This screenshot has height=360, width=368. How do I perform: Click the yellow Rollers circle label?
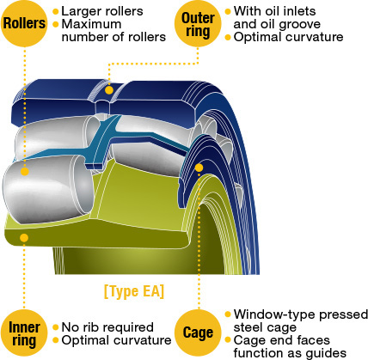coord(24,23)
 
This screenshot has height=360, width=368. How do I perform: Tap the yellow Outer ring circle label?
coord(198,23)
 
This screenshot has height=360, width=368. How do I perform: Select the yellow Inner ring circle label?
coord(24,333)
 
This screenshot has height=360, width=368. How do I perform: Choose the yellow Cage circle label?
coord(198,333)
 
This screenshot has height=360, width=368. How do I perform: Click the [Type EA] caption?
coord(134,291)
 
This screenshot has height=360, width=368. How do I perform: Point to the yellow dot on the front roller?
coord(25,172)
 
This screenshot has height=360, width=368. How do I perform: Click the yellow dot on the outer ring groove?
coord(109,90)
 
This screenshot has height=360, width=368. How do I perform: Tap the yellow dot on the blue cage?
coord(199,168)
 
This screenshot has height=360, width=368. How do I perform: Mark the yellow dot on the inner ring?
coord(24,238)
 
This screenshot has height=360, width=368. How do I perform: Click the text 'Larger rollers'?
coord(102,11)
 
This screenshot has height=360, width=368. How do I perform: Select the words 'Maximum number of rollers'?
coord(113,31)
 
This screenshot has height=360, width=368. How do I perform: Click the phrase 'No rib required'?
coord(107,327)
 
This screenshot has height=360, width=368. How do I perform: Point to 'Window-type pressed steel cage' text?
coord(301,320)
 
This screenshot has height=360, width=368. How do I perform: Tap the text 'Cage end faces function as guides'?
coord(290,346)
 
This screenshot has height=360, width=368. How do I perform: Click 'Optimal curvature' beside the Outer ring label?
coord(288,37)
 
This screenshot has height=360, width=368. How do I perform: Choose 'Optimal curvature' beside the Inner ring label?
coord(116,340)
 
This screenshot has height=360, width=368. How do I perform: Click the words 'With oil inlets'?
coord(274,11)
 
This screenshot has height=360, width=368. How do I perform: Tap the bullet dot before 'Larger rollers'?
coord(56,12)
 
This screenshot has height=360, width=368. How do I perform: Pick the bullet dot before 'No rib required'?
coord(56,327)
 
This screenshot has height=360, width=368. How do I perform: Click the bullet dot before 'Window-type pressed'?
coord(228,314)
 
